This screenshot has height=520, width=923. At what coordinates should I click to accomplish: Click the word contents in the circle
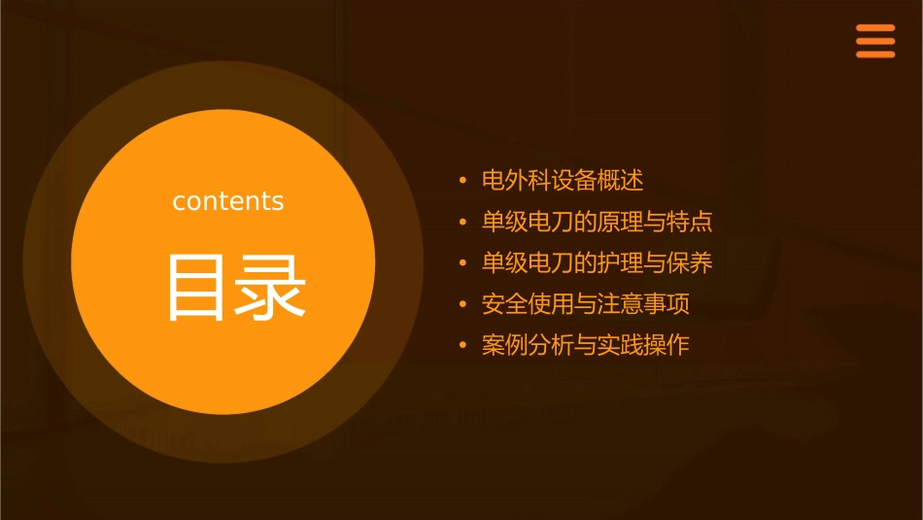coord(228,201)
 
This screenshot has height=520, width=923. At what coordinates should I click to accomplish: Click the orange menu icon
coord(874,42)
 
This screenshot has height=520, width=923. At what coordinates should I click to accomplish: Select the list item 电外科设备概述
coord(563,181)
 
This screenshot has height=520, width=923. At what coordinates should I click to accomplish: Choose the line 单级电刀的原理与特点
coord(597,222)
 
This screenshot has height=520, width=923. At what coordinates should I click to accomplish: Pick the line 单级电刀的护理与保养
coord(597,262)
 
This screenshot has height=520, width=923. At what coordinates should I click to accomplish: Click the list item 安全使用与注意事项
coord(585,304)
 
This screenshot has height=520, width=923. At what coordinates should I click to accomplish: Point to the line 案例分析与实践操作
coord(585,345)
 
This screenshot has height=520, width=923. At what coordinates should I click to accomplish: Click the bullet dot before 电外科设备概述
coord(463,182)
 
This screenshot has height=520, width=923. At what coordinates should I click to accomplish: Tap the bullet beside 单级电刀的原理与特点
coord(463,223)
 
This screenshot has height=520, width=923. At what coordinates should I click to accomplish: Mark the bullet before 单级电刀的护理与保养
coord(463,263)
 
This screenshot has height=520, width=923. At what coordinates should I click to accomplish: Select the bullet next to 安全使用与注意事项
coord(463,305)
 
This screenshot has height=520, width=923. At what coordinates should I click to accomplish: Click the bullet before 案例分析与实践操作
coord(463,346)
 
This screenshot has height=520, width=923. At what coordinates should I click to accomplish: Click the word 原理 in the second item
coord(608,222)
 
